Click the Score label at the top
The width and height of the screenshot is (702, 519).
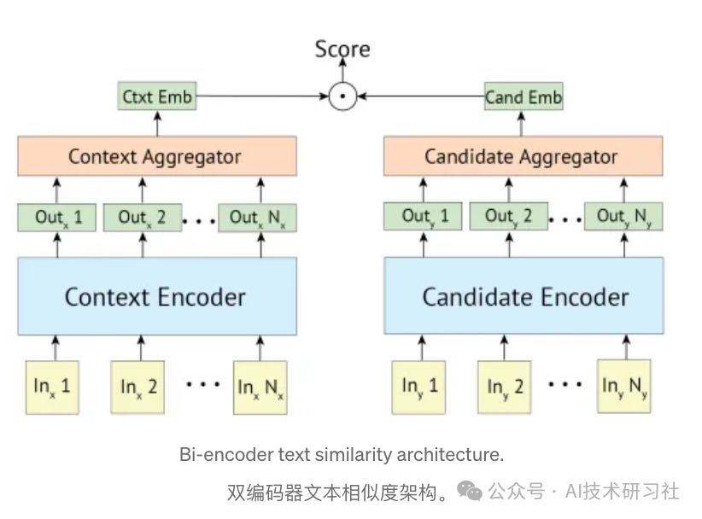tap(342, 49)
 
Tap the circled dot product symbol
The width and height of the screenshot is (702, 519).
tap(342, 96)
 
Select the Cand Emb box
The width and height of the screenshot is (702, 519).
tap(524, 97)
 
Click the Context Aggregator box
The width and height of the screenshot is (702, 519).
tap(156, 157)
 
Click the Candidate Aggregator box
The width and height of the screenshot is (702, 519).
tap(523, 157)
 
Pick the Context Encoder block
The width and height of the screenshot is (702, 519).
tap(156, 296)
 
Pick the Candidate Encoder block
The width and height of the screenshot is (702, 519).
tap(524, 296)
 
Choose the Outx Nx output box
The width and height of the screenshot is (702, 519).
tap(257, 218)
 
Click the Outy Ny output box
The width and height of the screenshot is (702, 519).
tap(623, 217)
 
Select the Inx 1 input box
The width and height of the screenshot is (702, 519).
tap(53, 386)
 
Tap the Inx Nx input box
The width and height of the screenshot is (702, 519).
tap(260, 387)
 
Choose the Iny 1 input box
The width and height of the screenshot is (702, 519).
tap(419, 387)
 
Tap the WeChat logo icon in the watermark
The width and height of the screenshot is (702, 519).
tap(469, 490)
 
